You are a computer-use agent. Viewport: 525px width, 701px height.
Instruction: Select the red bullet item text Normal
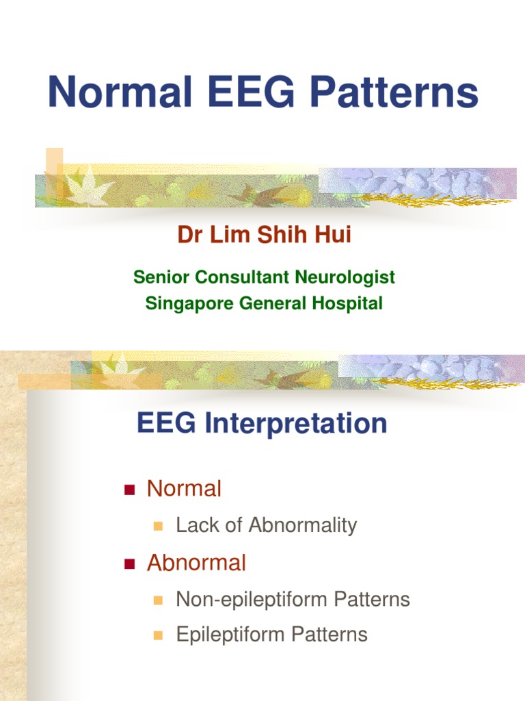184,489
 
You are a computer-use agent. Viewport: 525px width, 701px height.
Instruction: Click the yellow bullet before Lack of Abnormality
158,526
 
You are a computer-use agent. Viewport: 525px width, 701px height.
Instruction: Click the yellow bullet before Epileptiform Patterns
158,635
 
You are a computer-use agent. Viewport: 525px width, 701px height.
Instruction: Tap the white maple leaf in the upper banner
88,186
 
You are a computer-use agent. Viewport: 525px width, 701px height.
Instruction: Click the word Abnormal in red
196,563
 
